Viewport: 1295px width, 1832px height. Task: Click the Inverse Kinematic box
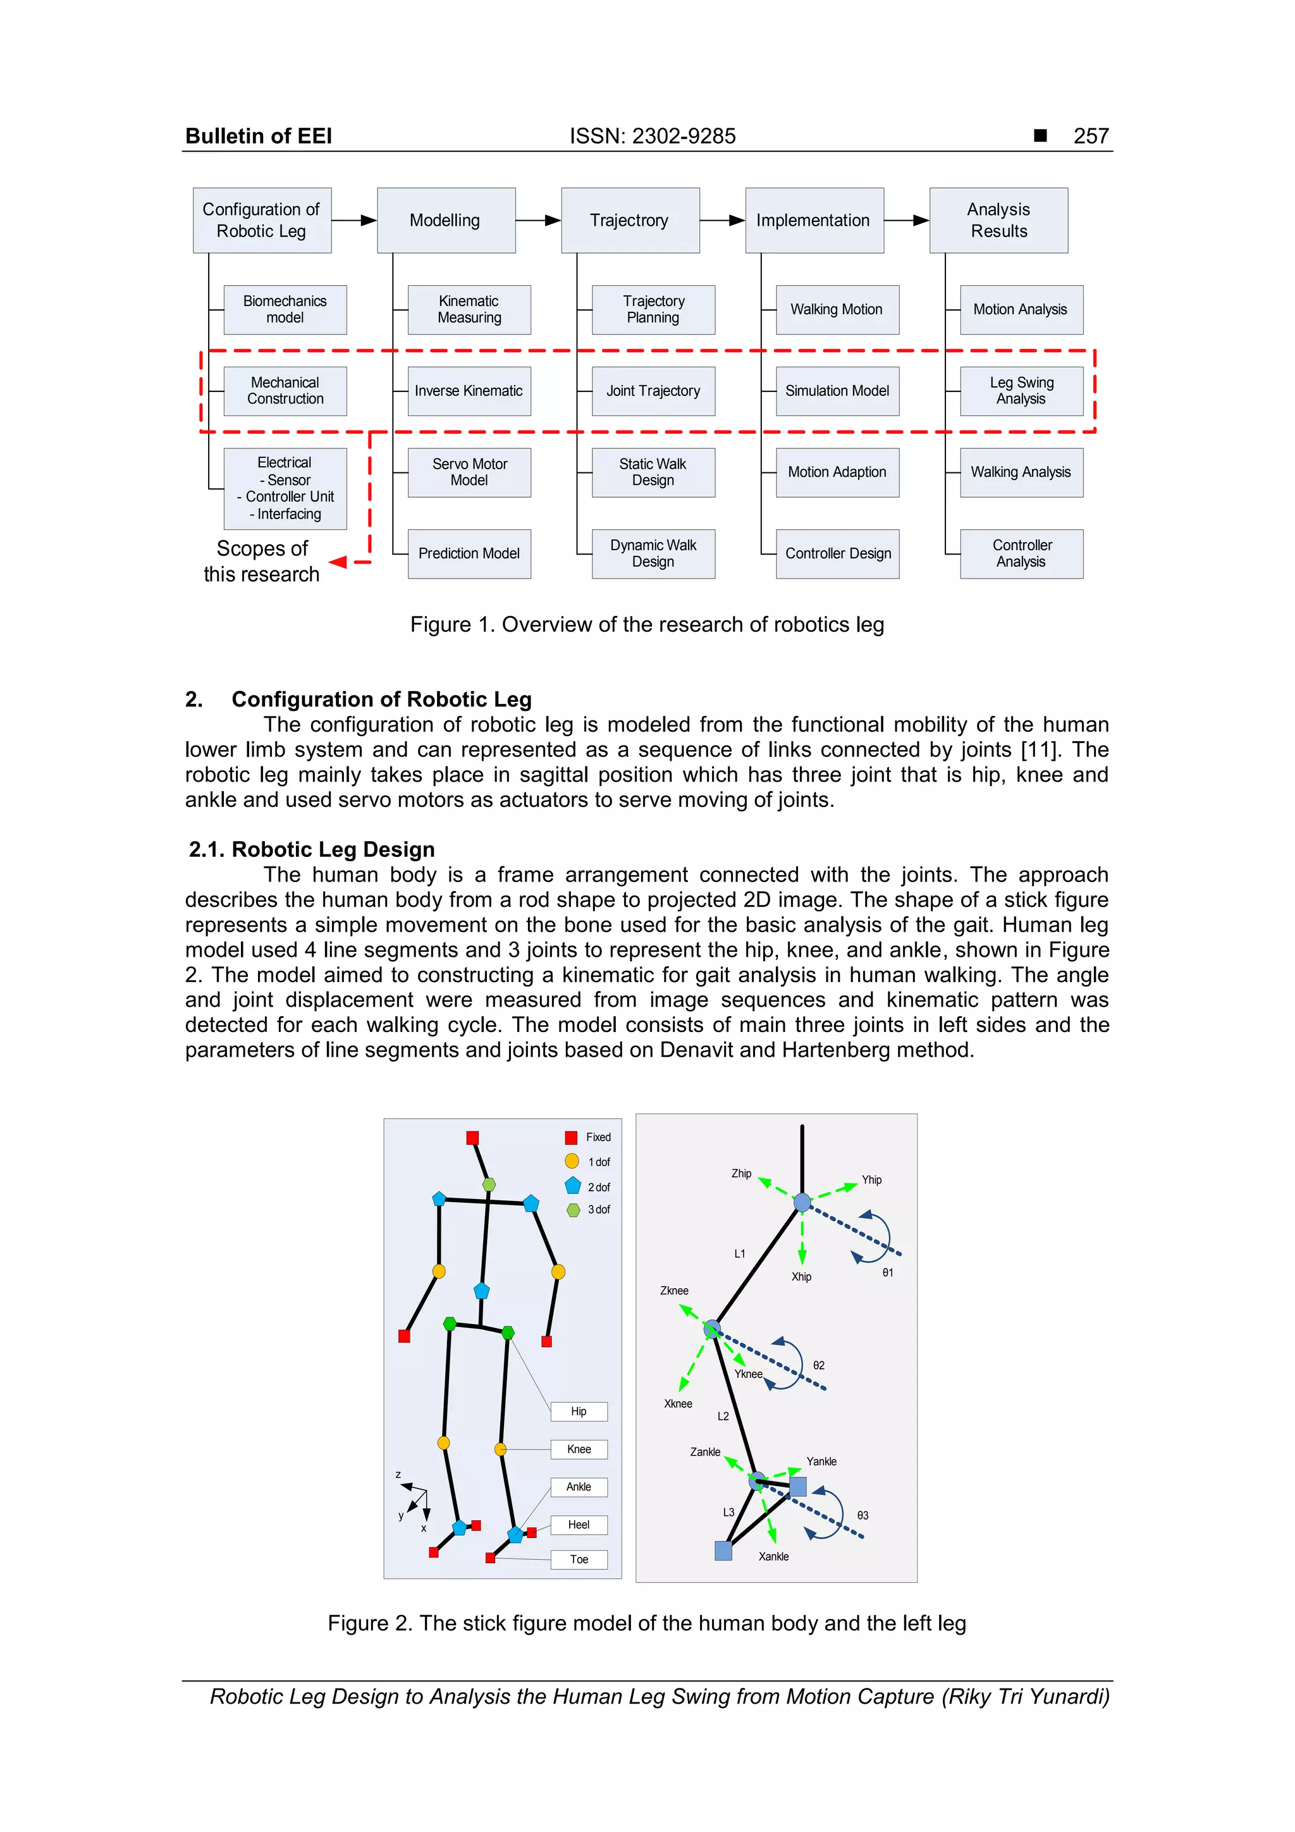469,391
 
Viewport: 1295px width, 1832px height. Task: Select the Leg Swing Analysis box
1021,391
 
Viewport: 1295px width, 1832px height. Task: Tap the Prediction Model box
469,554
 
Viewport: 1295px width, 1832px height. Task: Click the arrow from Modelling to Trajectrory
539,220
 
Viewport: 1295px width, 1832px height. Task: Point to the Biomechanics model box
285,310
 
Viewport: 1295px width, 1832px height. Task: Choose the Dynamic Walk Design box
653,554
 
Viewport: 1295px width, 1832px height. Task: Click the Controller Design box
837,554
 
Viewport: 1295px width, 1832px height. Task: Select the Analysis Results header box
998,220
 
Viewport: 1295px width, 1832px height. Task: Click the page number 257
1091,137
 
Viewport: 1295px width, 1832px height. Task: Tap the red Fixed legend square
571,1138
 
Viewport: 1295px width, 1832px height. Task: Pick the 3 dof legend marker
573,1210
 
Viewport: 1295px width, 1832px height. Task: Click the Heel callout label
579,1525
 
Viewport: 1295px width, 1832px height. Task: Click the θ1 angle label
887,1273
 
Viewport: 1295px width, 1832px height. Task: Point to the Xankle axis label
773,1557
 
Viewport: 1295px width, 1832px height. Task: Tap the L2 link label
723,1417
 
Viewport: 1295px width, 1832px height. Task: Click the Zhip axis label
741,1174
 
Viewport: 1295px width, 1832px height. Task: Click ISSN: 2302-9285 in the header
652,137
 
